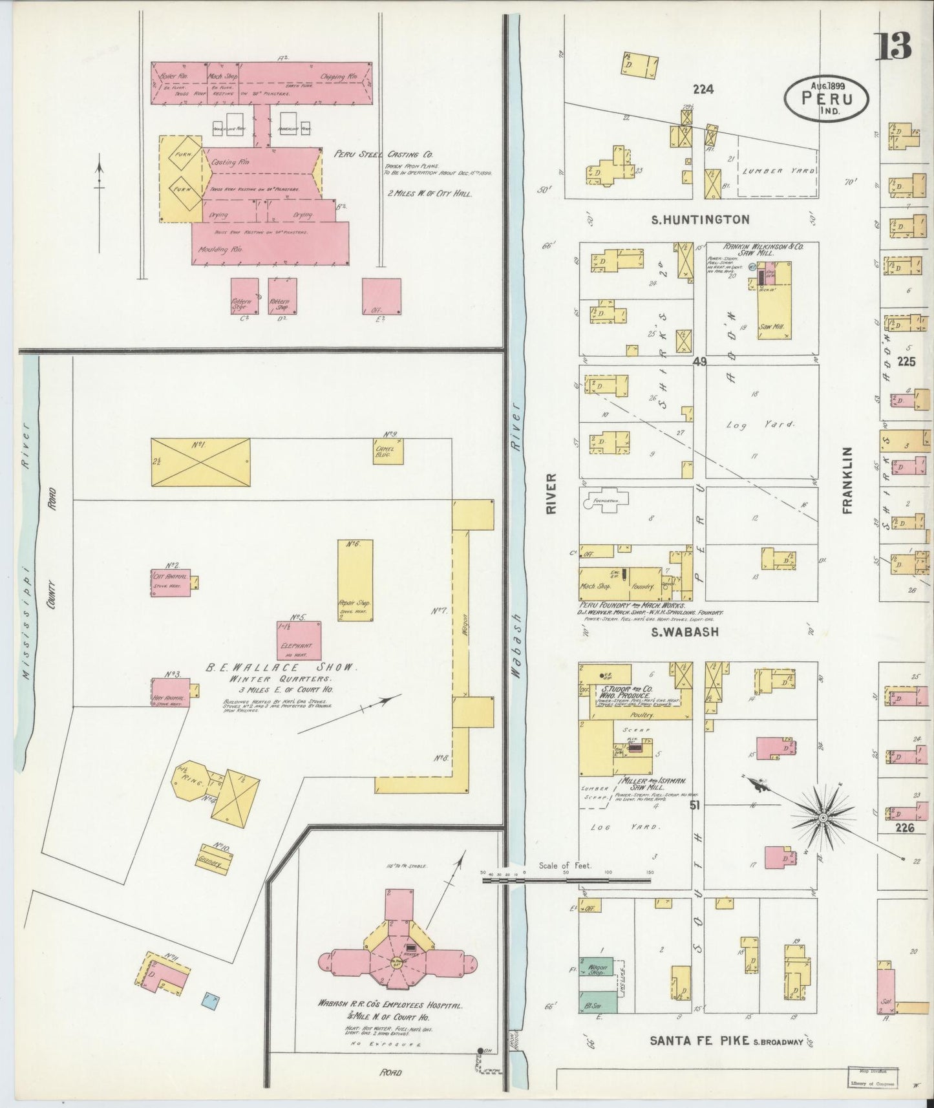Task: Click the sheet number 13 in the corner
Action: click(894, 45)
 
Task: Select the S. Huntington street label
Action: click(701, 220)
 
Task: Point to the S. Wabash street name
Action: click(685, 632)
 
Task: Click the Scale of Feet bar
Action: click(569, 879)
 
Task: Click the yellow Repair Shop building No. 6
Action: click(356, 581)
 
